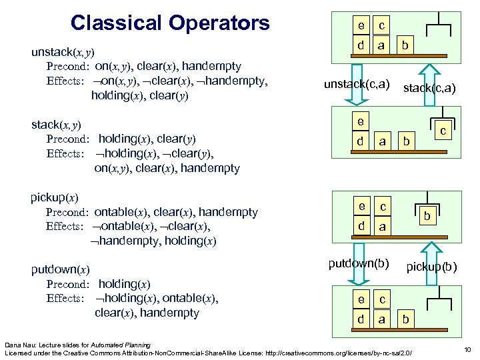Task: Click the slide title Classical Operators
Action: pos(170,23)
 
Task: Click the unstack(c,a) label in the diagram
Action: pos(357,83)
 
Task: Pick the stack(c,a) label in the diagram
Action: pos(429,87)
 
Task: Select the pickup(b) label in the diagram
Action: pos(432,267)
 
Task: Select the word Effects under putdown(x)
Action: pos(65,299)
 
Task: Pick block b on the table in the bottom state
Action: pos(405,319)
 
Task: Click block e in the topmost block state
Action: pos(361,26)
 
